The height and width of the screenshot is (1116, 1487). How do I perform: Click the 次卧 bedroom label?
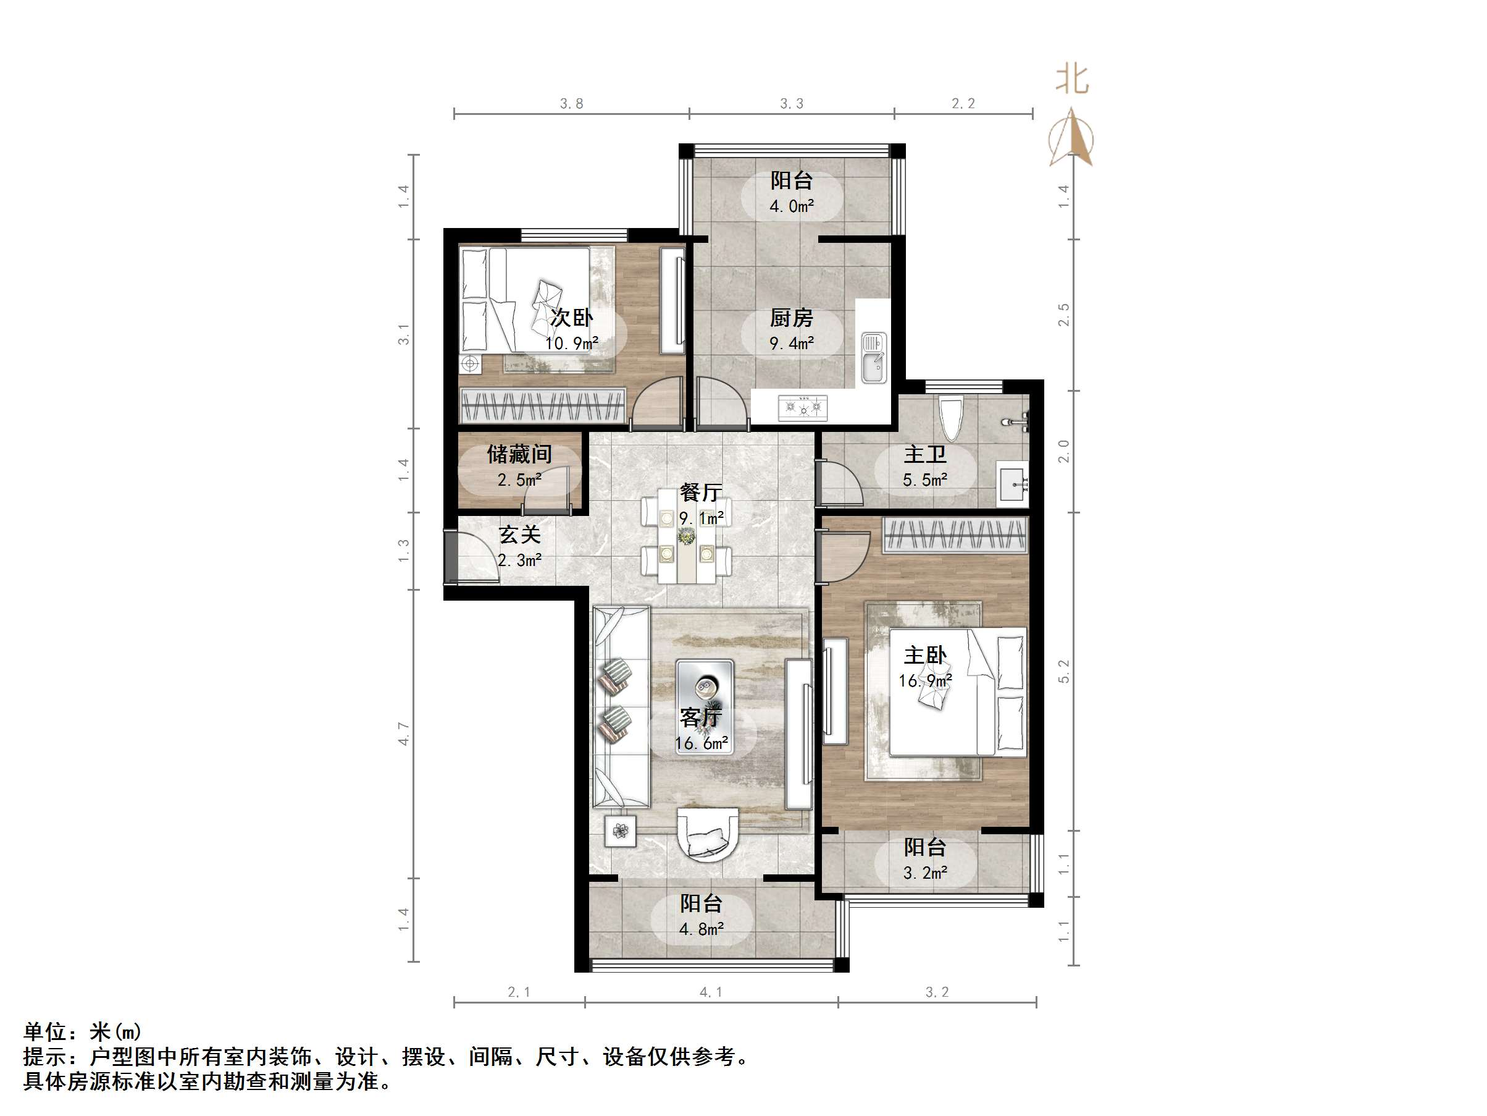pos(571,318)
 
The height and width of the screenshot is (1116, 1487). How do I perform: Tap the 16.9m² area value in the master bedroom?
pos(925,681)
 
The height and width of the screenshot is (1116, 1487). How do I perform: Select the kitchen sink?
pos(874,358)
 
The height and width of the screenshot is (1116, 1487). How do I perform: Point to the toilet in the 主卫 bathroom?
pos(950,417)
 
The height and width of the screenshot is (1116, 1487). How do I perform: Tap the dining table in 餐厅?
pos(686,545)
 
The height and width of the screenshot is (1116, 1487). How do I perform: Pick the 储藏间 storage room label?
pos(519,455)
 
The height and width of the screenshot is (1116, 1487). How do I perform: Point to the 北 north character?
pos(1071,79)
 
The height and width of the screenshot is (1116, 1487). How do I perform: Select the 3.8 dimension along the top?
pos(571,104)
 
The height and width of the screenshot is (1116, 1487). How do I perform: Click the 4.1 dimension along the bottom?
pos(711,992)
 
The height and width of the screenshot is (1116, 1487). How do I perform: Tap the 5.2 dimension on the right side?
pos(1063,671)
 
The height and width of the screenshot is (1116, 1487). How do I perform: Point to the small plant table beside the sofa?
pos(620,832)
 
